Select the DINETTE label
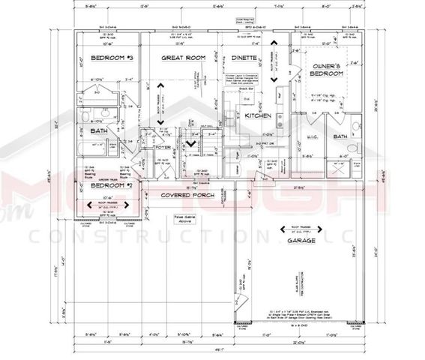(244, 58)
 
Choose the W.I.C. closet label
(313, 136)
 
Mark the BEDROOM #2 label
(111, 184)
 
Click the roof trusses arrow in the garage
(303, 229)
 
